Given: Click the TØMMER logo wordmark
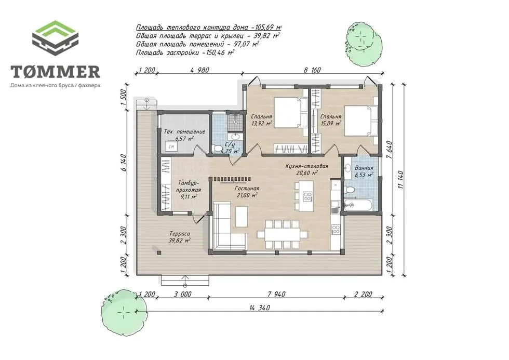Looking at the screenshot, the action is [55, 72].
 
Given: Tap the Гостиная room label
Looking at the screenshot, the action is [247, 189].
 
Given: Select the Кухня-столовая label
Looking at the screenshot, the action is [307, 166].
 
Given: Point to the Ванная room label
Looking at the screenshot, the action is [364, 168].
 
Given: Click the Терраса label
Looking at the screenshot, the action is [180, 234].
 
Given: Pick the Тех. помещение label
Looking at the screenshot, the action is [184, 132].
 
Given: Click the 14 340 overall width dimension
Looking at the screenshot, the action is [259, 308].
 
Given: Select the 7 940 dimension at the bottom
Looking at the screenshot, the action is [276, 294].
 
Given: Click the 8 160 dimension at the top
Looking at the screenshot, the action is [312, 70].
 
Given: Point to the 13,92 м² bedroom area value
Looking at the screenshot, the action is [261, 123].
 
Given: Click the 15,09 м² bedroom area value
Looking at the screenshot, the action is [330, 123].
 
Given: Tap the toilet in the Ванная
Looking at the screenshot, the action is [349, 190].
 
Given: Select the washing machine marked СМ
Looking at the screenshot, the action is [171, 146].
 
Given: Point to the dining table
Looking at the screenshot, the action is [282, 234].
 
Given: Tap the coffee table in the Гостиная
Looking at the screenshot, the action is [241, 217].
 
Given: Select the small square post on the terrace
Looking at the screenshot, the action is [159, 252].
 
